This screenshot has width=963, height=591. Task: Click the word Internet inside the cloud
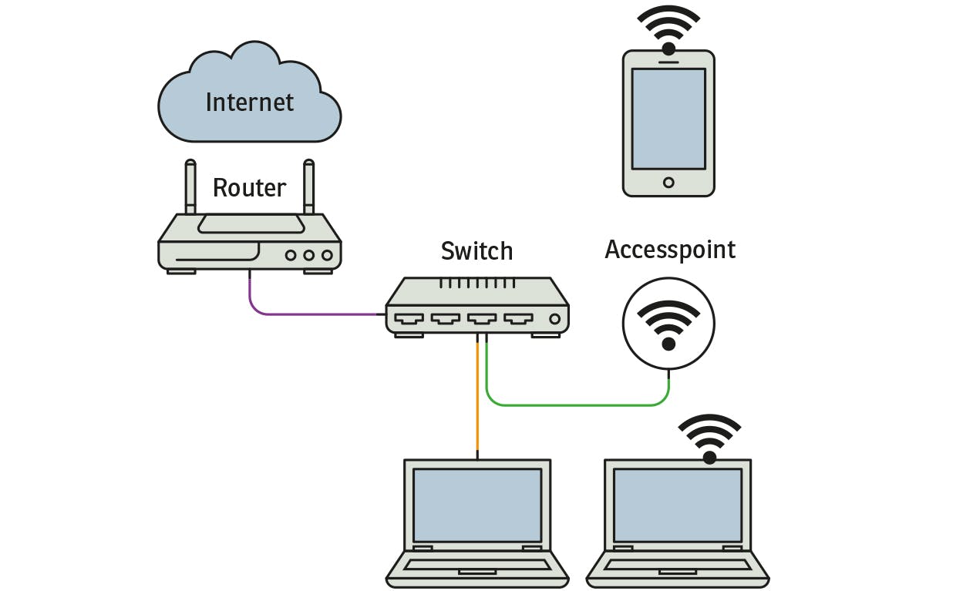[x=249, y=102]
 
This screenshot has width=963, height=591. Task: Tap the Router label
[x=249, y=187]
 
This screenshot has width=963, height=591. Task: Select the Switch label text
[x=476, y=250]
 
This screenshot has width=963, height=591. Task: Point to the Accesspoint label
[x=670, y=250]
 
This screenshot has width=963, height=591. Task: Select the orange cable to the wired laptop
[x=477, y=401]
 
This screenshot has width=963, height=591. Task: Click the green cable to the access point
[x=578, y=405]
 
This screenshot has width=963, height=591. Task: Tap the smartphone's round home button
[x=668, y=183]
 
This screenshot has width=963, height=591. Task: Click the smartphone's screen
[x=668, y=118]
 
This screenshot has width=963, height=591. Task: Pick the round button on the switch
[x=554, y=318]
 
